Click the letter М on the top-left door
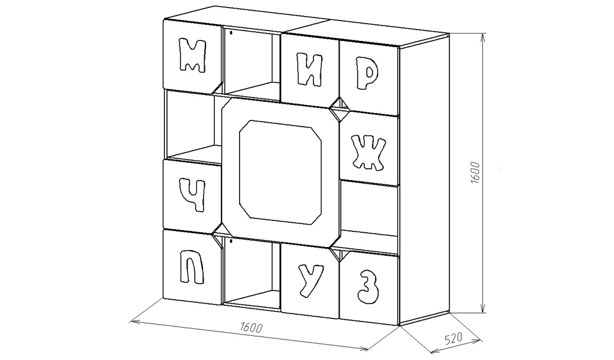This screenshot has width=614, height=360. pyautogui.click(x=191, y=56)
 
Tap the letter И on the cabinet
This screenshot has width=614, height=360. pyautogui.click(x=309, y=69)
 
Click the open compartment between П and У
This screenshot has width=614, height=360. pyautogui.click(x=251, y=273)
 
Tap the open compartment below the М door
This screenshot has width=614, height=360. pyautogui.click(x=189, y=124)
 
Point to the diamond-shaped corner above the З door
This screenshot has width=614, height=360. pyautogui.click(x=340, y=253)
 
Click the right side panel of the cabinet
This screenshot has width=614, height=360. pyautogui.click(x=423, y=180)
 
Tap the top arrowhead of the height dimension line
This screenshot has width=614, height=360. pyautogui.click(x=482, y=36)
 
